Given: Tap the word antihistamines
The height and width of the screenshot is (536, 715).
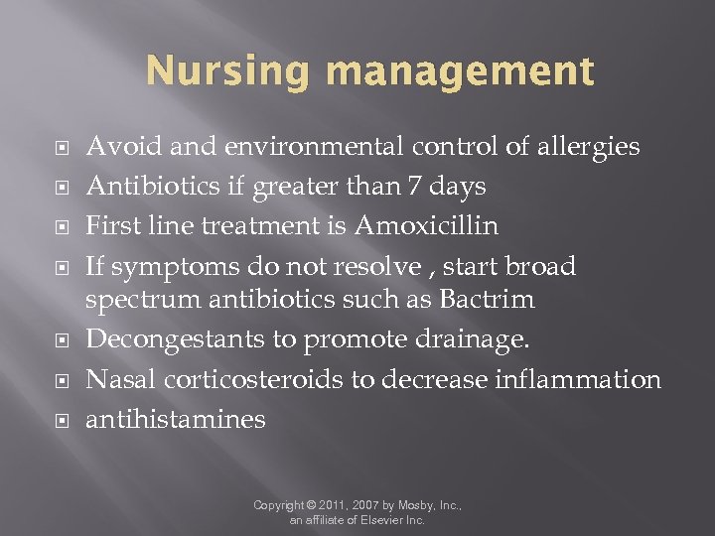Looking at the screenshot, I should click(176, 419).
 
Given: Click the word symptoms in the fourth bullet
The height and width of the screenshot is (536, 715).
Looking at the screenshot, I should click(155, 266).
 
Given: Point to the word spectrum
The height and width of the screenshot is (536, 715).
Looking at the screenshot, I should click(140, 299).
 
